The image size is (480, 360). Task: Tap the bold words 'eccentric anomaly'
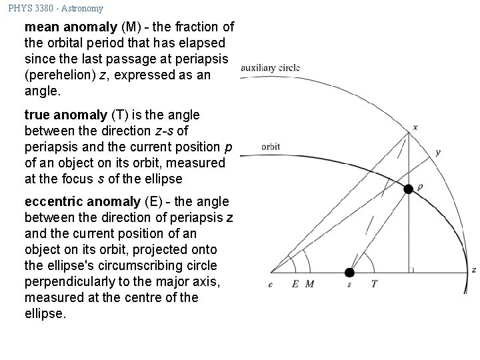[75, 202]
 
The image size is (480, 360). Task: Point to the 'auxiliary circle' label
[270, 68]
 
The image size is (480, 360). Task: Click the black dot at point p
[408, 189]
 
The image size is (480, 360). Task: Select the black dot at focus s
[349, 272]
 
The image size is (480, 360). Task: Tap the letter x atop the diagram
[415, 127]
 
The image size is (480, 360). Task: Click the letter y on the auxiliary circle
[437, 152]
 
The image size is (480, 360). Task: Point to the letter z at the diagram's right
[473, 270]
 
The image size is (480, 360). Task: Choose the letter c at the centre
[270, 283]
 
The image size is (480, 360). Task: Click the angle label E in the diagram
[295, 283]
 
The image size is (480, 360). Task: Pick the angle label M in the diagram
[309, 283]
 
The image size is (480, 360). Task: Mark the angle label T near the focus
[374, 283]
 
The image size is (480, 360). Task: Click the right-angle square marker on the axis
[411, 269]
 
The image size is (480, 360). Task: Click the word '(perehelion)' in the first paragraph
[59, 75]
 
